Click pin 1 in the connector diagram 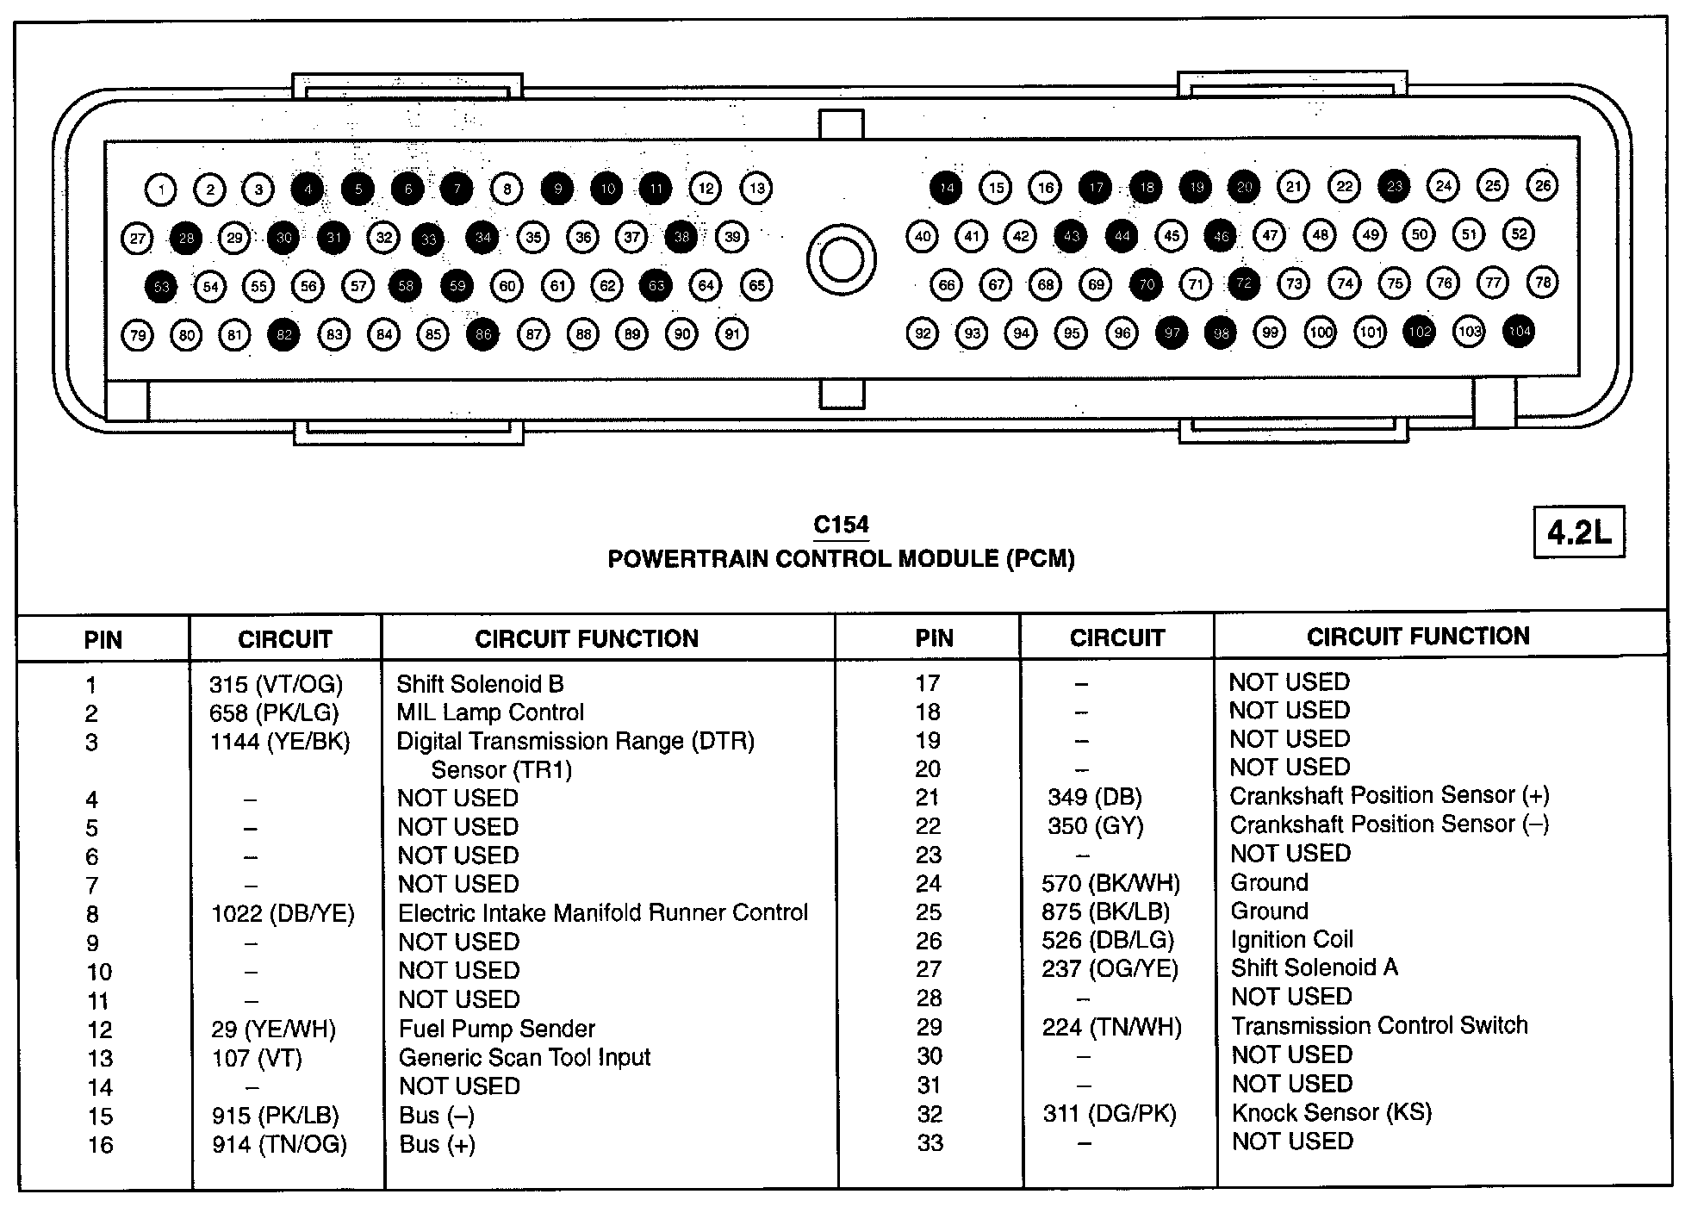161,189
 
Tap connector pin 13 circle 756,188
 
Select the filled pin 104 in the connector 1519,331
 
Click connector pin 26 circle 1542,185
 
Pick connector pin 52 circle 1519,233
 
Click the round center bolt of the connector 841,259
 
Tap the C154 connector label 841,525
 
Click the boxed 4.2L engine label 1579,532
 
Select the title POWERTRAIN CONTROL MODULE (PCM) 841,559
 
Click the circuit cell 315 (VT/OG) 276,684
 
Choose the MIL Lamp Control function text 489,712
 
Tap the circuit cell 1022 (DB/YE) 283,913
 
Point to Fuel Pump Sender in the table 496,1029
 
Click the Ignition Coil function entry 1291,939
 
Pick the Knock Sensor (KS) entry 1331,1112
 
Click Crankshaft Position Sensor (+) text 1389,795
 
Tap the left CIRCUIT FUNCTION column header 587,638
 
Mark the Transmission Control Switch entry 1378,1025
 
